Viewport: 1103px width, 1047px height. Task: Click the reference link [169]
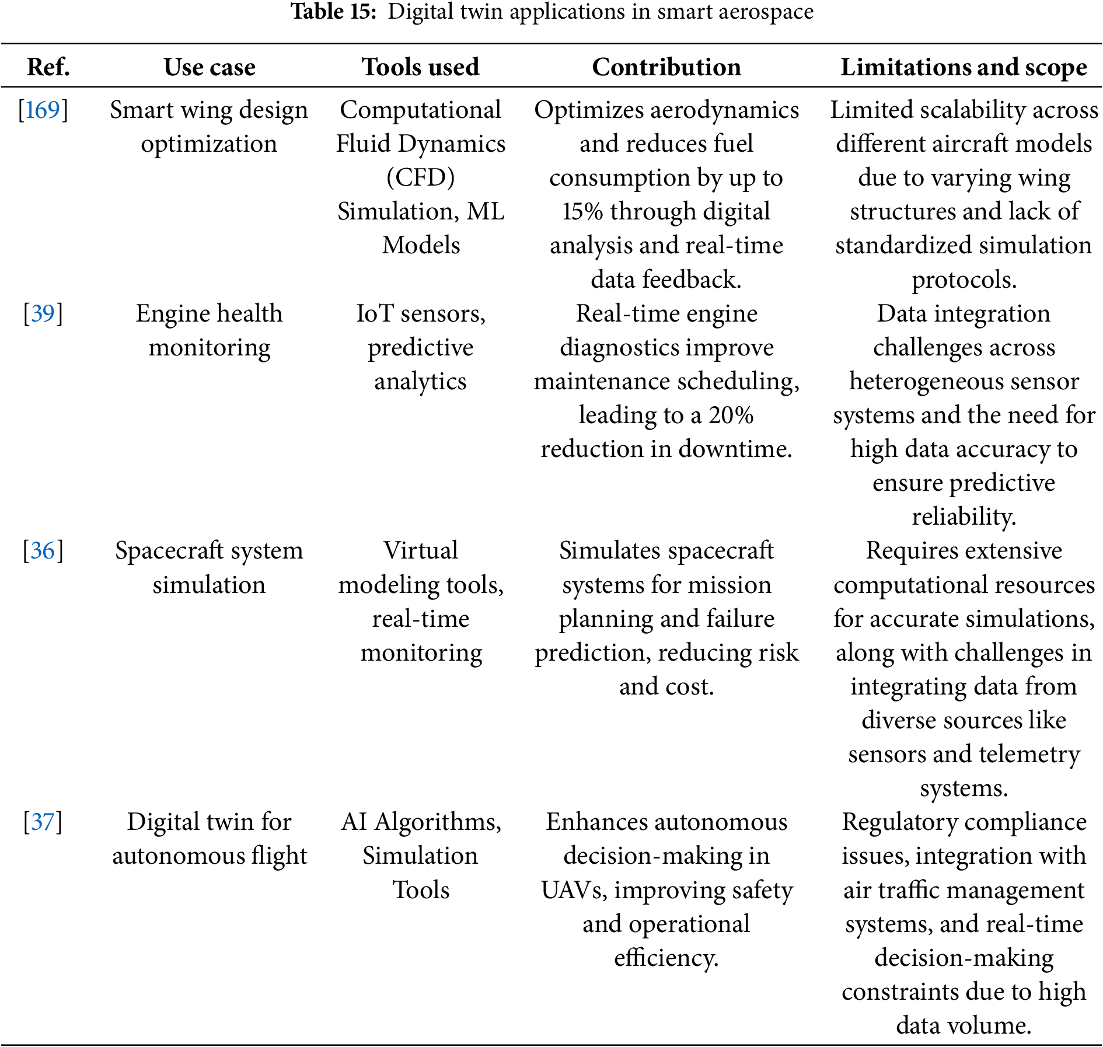point(43,110)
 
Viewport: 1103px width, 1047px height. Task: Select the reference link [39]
point(43,314)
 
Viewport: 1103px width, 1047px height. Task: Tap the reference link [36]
point(43,551)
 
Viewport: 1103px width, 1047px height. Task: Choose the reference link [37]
point(43,822)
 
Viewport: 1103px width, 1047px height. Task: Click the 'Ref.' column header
point(48,67)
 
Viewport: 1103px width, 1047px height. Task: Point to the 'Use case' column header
point(210,67)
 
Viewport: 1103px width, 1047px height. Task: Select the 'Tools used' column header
point(420,67)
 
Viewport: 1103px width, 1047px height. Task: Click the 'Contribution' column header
point(666,67)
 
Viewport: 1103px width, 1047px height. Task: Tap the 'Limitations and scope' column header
point(964,67)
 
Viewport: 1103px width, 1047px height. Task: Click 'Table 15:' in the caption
point(334,12)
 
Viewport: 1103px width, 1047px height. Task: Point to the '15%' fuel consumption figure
point(582,212)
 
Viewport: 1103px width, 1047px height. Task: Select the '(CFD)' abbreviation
point(420,178)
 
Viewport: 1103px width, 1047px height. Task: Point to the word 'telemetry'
point(1029,755)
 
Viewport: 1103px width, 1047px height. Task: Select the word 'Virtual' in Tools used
point(420,551)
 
